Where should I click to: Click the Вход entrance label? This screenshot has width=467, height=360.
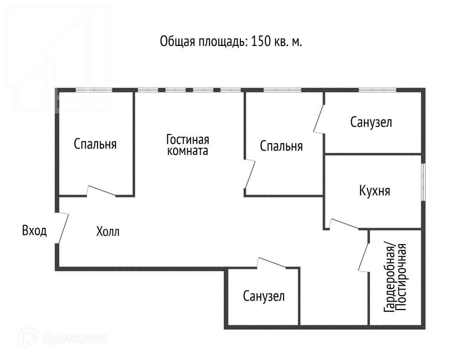point(34,231)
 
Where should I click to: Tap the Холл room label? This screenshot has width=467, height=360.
point(108,232)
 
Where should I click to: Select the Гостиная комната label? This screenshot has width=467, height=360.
point(188,145)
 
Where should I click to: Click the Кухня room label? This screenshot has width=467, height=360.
point(374,191)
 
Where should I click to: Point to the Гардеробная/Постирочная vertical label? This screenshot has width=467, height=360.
point(395,277)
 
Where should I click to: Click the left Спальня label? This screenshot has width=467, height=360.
point(95,144)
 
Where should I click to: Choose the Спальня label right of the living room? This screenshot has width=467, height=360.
point(281,146)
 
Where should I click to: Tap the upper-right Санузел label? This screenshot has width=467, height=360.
point(371,122)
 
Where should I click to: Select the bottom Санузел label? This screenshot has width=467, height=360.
point(264,297)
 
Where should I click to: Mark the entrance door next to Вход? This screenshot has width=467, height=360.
point(62,228)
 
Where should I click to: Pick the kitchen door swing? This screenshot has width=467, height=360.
point(344,224)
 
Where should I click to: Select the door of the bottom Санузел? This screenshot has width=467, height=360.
point(271,263)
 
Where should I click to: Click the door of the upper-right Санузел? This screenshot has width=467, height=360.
point(319,119)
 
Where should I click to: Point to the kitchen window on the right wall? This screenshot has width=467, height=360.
point(423,182)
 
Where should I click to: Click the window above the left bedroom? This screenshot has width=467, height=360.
point(94,90)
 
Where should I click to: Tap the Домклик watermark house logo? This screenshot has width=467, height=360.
point(32,338)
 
